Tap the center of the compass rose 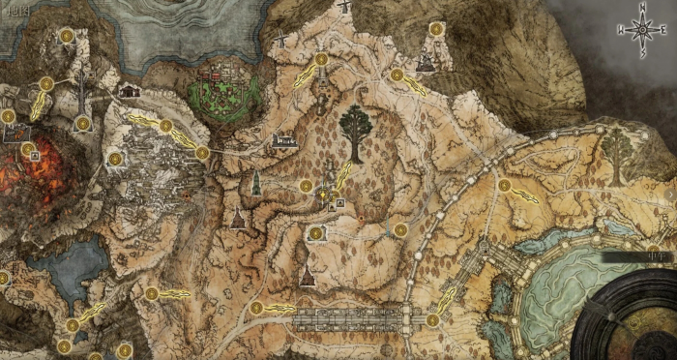click(x=640, y=31)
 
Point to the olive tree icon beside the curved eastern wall click(x=614, y=147)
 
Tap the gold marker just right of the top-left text click(x=67, y=36)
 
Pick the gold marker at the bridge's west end click(x=256, y=309)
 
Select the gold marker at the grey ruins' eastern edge click(x=202, y=152)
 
